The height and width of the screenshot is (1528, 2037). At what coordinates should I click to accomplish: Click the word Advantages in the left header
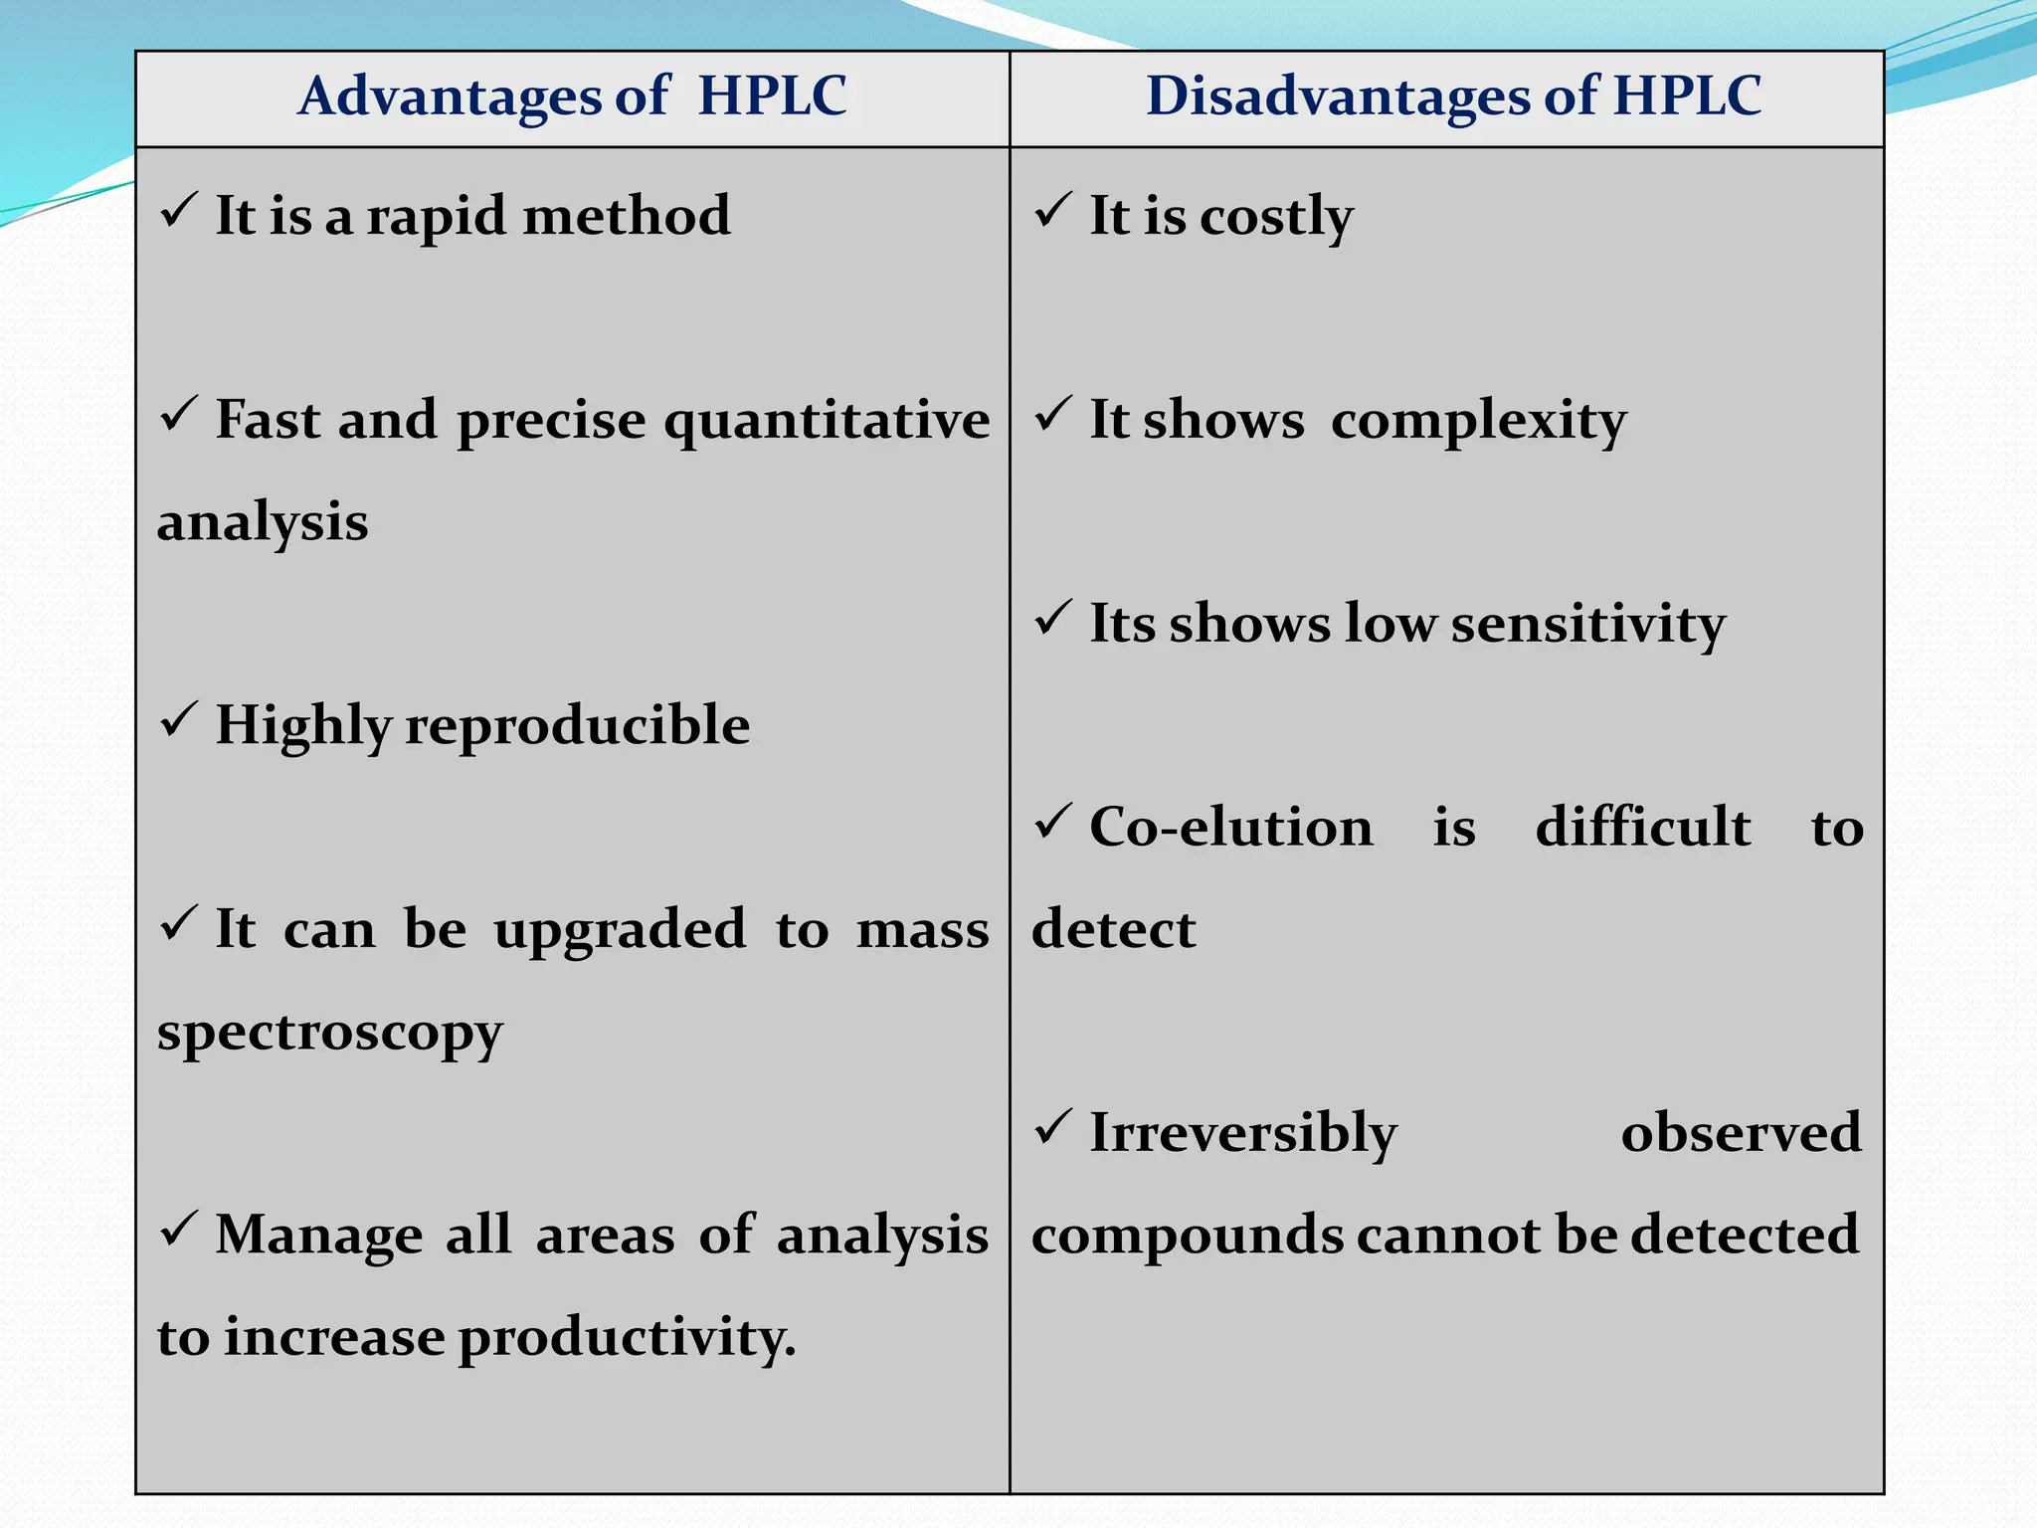[x=450, y=97]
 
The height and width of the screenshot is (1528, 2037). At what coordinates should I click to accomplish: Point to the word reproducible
[x=578, y=725]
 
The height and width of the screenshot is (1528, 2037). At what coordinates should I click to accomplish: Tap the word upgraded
[x=620, y=930]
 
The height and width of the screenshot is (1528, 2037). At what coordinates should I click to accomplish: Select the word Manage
[x=319, y=1236]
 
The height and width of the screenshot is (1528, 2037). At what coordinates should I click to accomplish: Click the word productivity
[x=626, y=1338]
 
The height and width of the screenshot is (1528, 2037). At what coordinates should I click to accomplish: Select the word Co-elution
[x=1230, y=828]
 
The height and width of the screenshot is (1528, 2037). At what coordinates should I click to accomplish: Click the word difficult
[x=1642, y=828]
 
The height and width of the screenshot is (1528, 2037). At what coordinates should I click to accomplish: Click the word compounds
[x=1186, y=1236]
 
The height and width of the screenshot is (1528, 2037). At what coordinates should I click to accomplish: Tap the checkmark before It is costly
[x=1053, y=211]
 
